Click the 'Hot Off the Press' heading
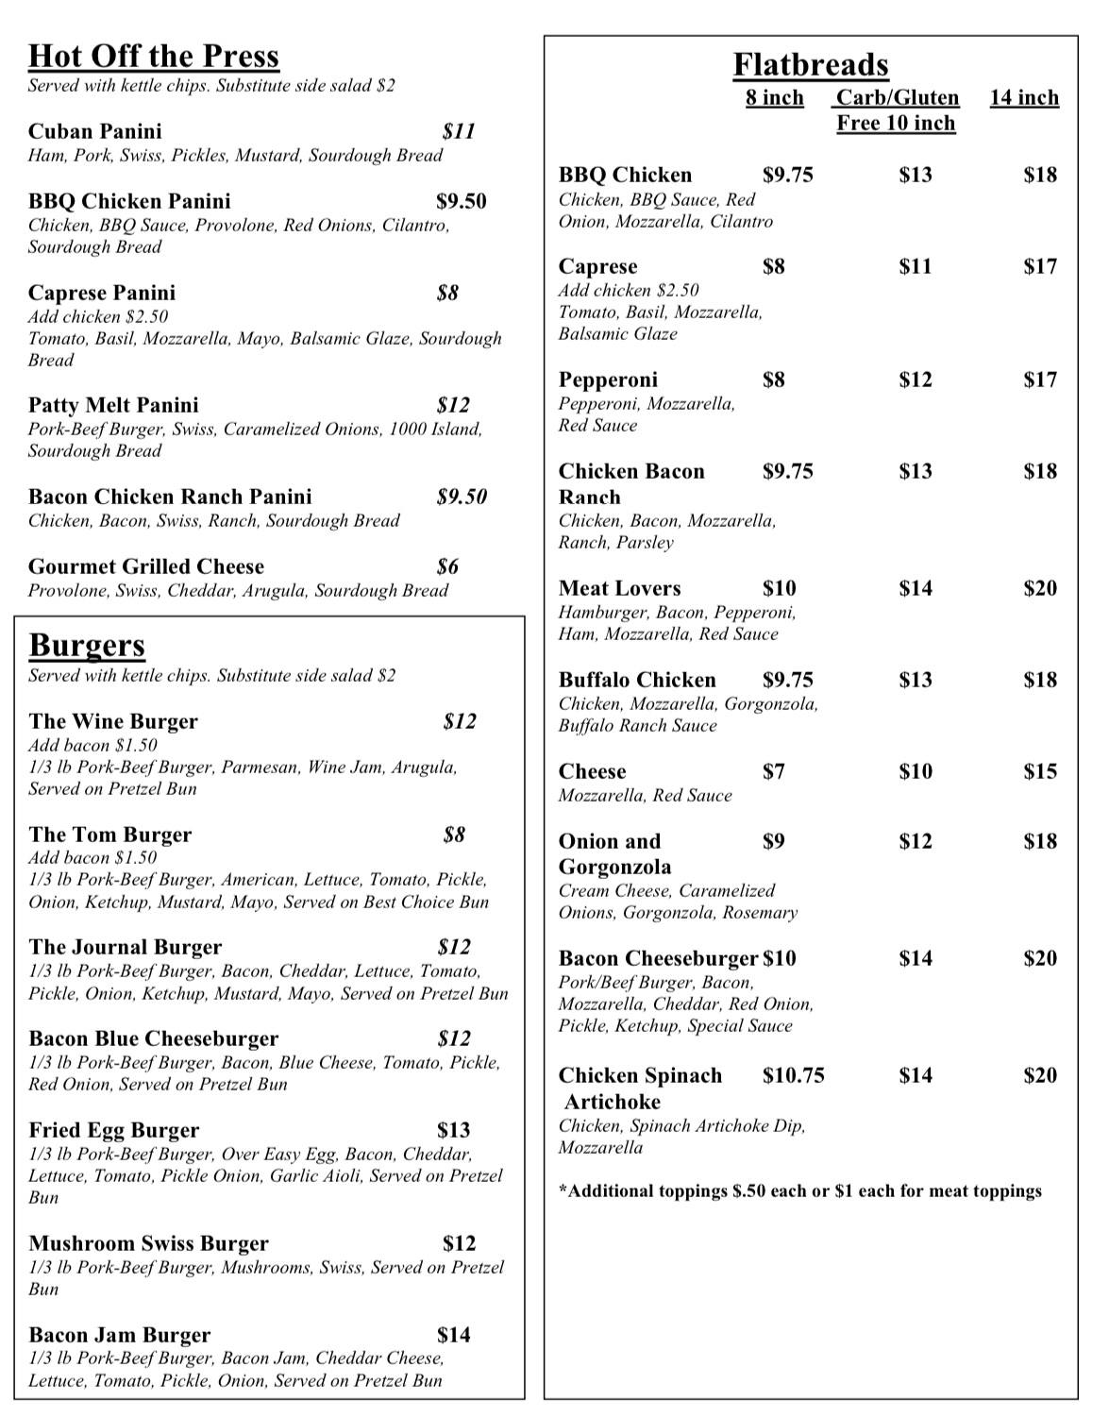(154, 57)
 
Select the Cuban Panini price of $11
(459, 131)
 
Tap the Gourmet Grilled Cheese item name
(146, 566)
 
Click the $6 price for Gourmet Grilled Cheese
(447, 566)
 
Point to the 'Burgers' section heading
(87, 646)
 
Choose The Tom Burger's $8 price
(454, 835)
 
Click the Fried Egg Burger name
(114, 1130)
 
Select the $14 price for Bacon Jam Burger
(454, 1335)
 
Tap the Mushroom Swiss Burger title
(148, 1243)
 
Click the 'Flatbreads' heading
(811, 65)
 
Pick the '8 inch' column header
(775, 98)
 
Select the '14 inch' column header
(1024, 98)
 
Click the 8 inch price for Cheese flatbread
(774, 771)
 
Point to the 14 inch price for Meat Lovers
(1040, 588)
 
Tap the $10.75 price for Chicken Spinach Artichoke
(794, 1075)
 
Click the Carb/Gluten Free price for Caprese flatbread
(915, 266)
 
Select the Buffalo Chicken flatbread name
(637, 680)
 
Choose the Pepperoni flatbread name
(608, 380)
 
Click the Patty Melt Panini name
(113, 405)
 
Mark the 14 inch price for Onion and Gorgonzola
(1040, 841)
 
